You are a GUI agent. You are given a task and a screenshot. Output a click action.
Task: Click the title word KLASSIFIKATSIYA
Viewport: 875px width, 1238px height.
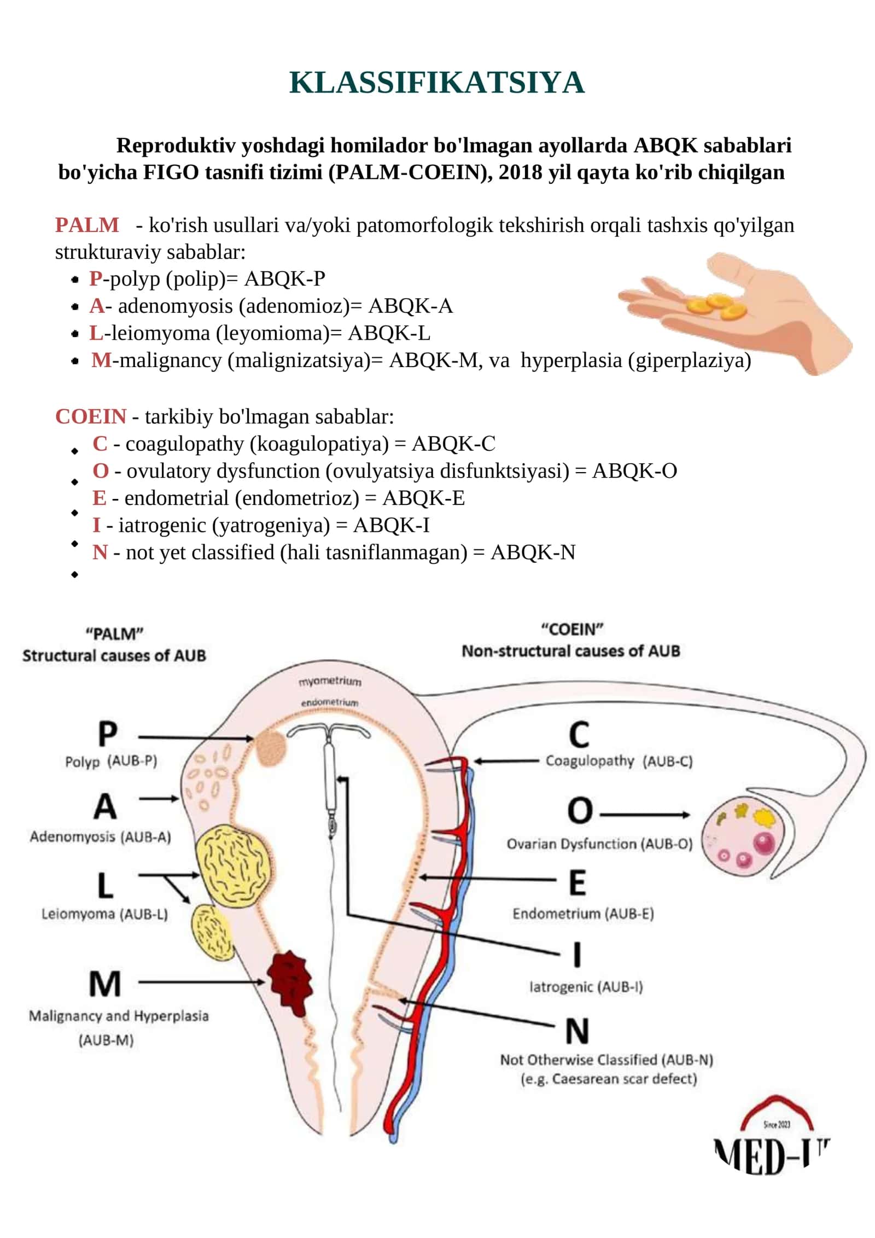(436, 83)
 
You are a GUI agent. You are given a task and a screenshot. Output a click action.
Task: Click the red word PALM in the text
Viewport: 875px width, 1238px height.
(87, 225)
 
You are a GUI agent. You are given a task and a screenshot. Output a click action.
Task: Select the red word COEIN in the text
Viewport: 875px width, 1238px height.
(91, 416)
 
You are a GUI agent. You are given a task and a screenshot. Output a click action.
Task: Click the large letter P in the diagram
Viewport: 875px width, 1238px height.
(107, 734)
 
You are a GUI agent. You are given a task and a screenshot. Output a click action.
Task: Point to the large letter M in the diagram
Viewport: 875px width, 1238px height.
(105, 984)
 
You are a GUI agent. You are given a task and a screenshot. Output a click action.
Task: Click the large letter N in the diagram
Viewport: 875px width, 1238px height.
(577, 1032)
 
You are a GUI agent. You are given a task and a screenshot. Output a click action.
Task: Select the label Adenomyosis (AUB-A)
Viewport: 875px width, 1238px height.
(101, 837)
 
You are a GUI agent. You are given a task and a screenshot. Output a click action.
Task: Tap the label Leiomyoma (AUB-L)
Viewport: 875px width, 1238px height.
(104, 914)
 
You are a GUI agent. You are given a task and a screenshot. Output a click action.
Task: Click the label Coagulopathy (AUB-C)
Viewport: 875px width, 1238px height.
(619, 762)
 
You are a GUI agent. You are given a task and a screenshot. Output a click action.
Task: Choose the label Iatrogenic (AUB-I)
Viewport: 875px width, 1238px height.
(586, 987)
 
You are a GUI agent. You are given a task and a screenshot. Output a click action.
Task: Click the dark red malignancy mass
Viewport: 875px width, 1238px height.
(290, 984)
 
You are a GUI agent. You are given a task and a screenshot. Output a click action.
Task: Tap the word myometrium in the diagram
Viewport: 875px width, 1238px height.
(330, 682)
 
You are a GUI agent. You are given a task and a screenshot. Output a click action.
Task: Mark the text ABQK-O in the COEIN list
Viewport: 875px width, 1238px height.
(635, 471)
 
